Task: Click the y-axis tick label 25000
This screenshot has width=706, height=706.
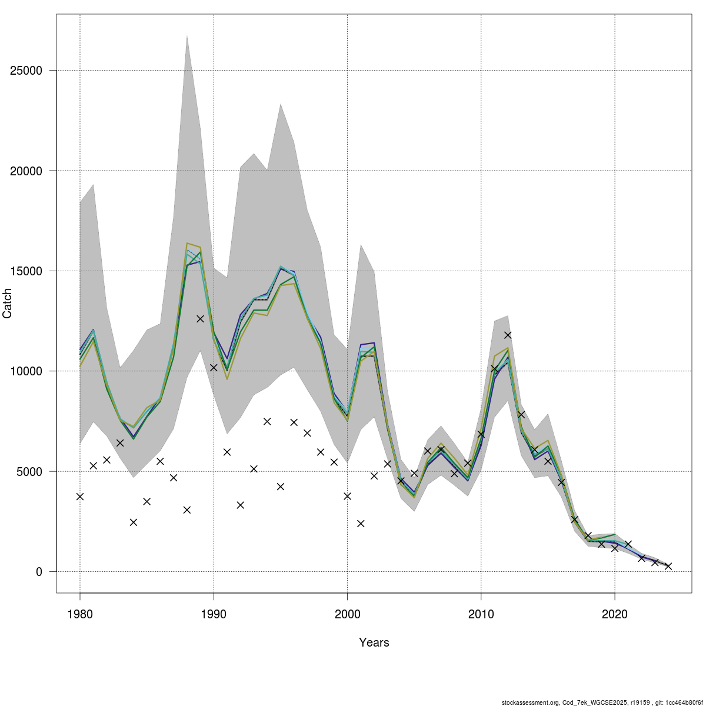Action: click(x=26, y=71)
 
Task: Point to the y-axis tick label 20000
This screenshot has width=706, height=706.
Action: click(x=26, y=171)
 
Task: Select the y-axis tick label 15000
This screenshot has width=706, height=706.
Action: click(x=26, y=271)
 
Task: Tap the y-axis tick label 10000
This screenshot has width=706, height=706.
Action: click(x=26, y=371)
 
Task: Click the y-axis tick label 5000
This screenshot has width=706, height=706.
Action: click(x=29, y=472)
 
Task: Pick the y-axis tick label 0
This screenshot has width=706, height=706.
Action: click(x=39, y=572)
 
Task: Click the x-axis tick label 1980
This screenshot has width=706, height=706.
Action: click(x=80, y=614)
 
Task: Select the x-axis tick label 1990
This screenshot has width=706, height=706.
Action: click(x=214, y=614)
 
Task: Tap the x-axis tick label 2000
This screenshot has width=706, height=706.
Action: click(x=347, y=614)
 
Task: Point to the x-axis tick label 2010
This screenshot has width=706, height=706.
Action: click(x=481, y=614)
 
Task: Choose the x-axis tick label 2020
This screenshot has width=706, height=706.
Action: click(x=615, y=614)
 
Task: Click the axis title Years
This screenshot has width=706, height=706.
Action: click(x=374, y=642)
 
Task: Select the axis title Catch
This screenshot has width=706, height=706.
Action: click(x=8, y=304)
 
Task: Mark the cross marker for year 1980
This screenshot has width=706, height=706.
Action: click(x=80, y=497)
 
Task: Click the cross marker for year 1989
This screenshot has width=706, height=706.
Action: click(x=200, y=319)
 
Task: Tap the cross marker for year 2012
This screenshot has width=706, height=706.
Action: click(x=508, y=335)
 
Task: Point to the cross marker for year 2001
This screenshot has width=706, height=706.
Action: click(x=361, y=524)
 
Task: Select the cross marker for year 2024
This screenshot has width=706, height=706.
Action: click(x=668, y=566)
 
